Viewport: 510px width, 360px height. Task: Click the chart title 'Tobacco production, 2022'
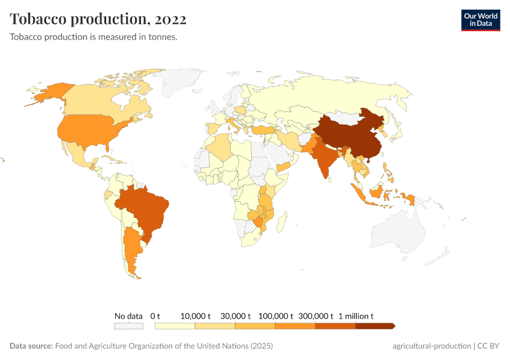click(x=98, y=19)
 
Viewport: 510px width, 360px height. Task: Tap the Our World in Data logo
click(x=480, y=19)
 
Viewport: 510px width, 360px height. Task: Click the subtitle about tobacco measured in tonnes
click(x=93, y=37)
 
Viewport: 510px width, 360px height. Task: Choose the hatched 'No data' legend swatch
click(x=128, y=326)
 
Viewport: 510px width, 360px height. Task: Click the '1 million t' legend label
click(x=356, y=316)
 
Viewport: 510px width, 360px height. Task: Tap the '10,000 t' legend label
click(x=196, y=316)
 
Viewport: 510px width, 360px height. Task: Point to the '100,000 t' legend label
click(x=275, y=316)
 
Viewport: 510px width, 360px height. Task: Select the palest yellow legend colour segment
click(x=175, y=326)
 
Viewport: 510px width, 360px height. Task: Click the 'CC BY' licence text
click(x=489, y=346)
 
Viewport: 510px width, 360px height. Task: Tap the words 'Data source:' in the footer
click(x=31, y=346)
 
